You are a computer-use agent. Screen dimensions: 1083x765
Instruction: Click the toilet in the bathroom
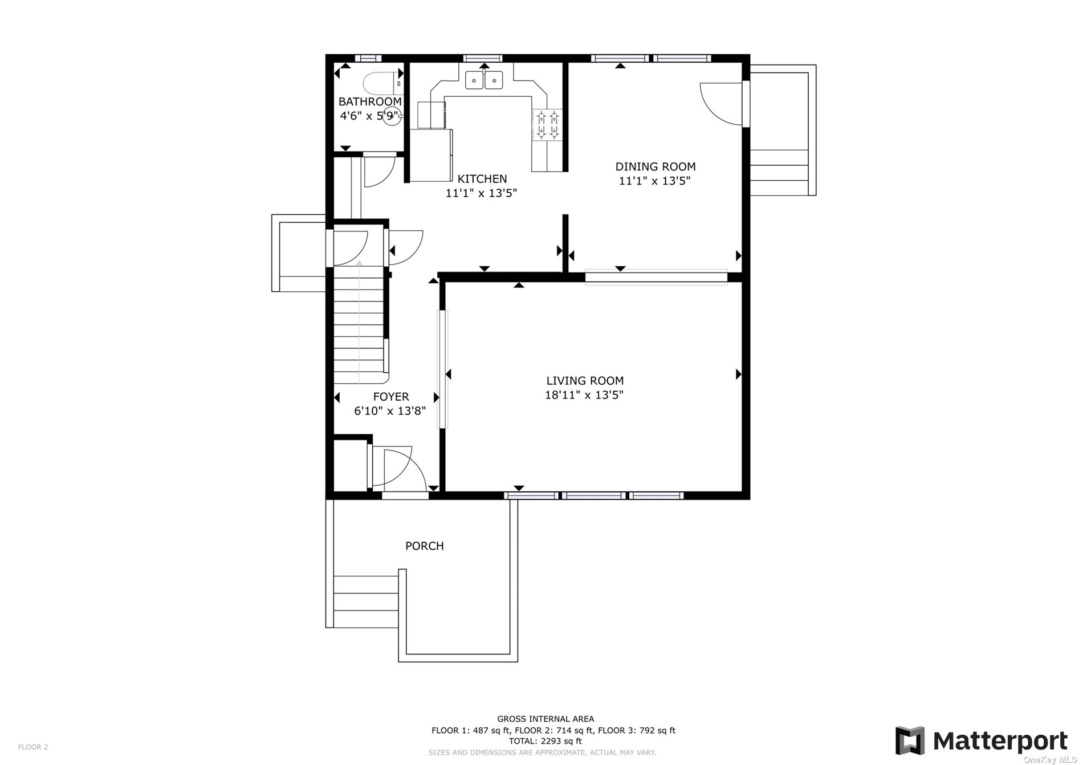coord(382,83)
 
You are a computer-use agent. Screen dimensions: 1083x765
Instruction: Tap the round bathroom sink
coord(391,116)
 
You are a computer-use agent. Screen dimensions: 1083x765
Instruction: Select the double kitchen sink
coord(484,80)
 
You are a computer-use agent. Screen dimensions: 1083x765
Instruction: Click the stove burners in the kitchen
coord(547,125)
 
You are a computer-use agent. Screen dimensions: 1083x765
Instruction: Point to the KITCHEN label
coord(482,179)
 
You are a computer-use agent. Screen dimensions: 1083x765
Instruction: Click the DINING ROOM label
coord(655,166)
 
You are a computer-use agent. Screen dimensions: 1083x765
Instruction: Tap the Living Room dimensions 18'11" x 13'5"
coord(584,394)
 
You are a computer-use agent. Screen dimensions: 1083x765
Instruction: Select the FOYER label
coord(391,397)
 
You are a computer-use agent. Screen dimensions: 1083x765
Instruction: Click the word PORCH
coord(425,546)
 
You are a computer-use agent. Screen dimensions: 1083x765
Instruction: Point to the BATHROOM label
coord(370,101)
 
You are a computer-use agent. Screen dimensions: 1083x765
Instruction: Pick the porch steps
coord(366,601)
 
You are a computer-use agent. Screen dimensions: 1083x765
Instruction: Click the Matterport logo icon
coord(910,740)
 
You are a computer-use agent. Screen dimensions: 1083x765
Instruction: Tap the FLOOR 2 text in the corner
coord(33,747)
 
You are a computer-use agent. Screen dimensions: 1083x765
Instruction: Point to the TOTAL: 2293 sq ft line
coord(545,741)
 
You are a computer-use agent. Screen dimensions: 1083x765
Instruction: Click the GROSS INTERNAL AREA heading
coord(545,719)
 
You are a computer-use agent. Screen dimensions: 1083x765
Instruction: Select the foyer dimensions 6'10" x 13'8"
coord(390,411)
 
